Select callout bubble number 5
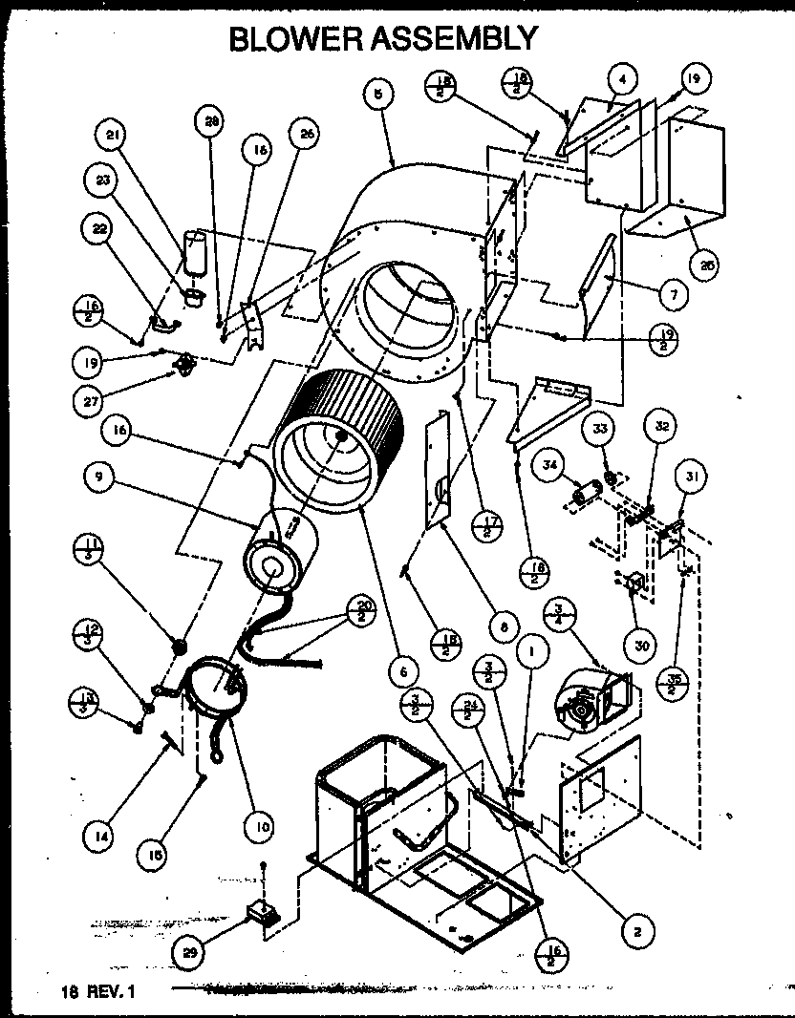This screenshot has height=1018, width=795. point(378,93)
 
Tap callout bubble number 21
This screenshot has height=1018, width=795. point(115,138)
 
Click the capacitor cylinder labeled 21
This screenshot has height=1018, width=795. point(196,254)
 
